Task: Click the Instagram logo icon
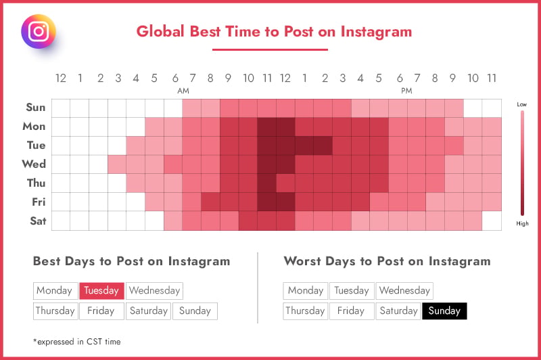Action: pos(39,31)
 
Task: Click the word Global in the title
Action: pos(160,31)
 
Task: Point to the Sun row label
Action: pos(36,108)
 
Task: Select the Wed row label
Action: pos(34,164)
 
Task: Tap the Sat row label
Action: pos(38,221)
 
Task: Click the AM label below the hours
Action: pos(183,91)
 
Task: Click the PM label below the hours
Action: pos(406,91)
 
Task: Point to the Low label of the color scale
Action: pos(521,104)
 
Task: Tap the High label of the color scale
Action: pos(522,223)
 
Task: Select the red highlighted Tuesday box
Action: pos(102,290)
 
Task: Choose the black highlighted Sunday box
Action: pos(444,311)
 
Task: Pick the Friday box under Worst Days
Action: pos(351,311)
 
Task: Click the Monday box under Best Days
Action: pos(55,290)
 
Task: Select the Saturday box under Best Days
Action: pos(148,311)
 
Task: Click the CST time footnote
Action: pos(77,342)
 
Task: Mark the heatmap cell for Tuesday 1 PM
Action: pos(305,145)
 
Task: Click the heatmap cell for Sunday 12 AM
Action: pos(61,108)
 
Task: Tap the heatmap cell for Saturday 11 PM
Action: pos(492,221)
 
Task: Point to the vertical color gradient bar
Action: pos(522,163)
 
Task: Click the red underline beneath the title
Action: pos(270,49)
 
